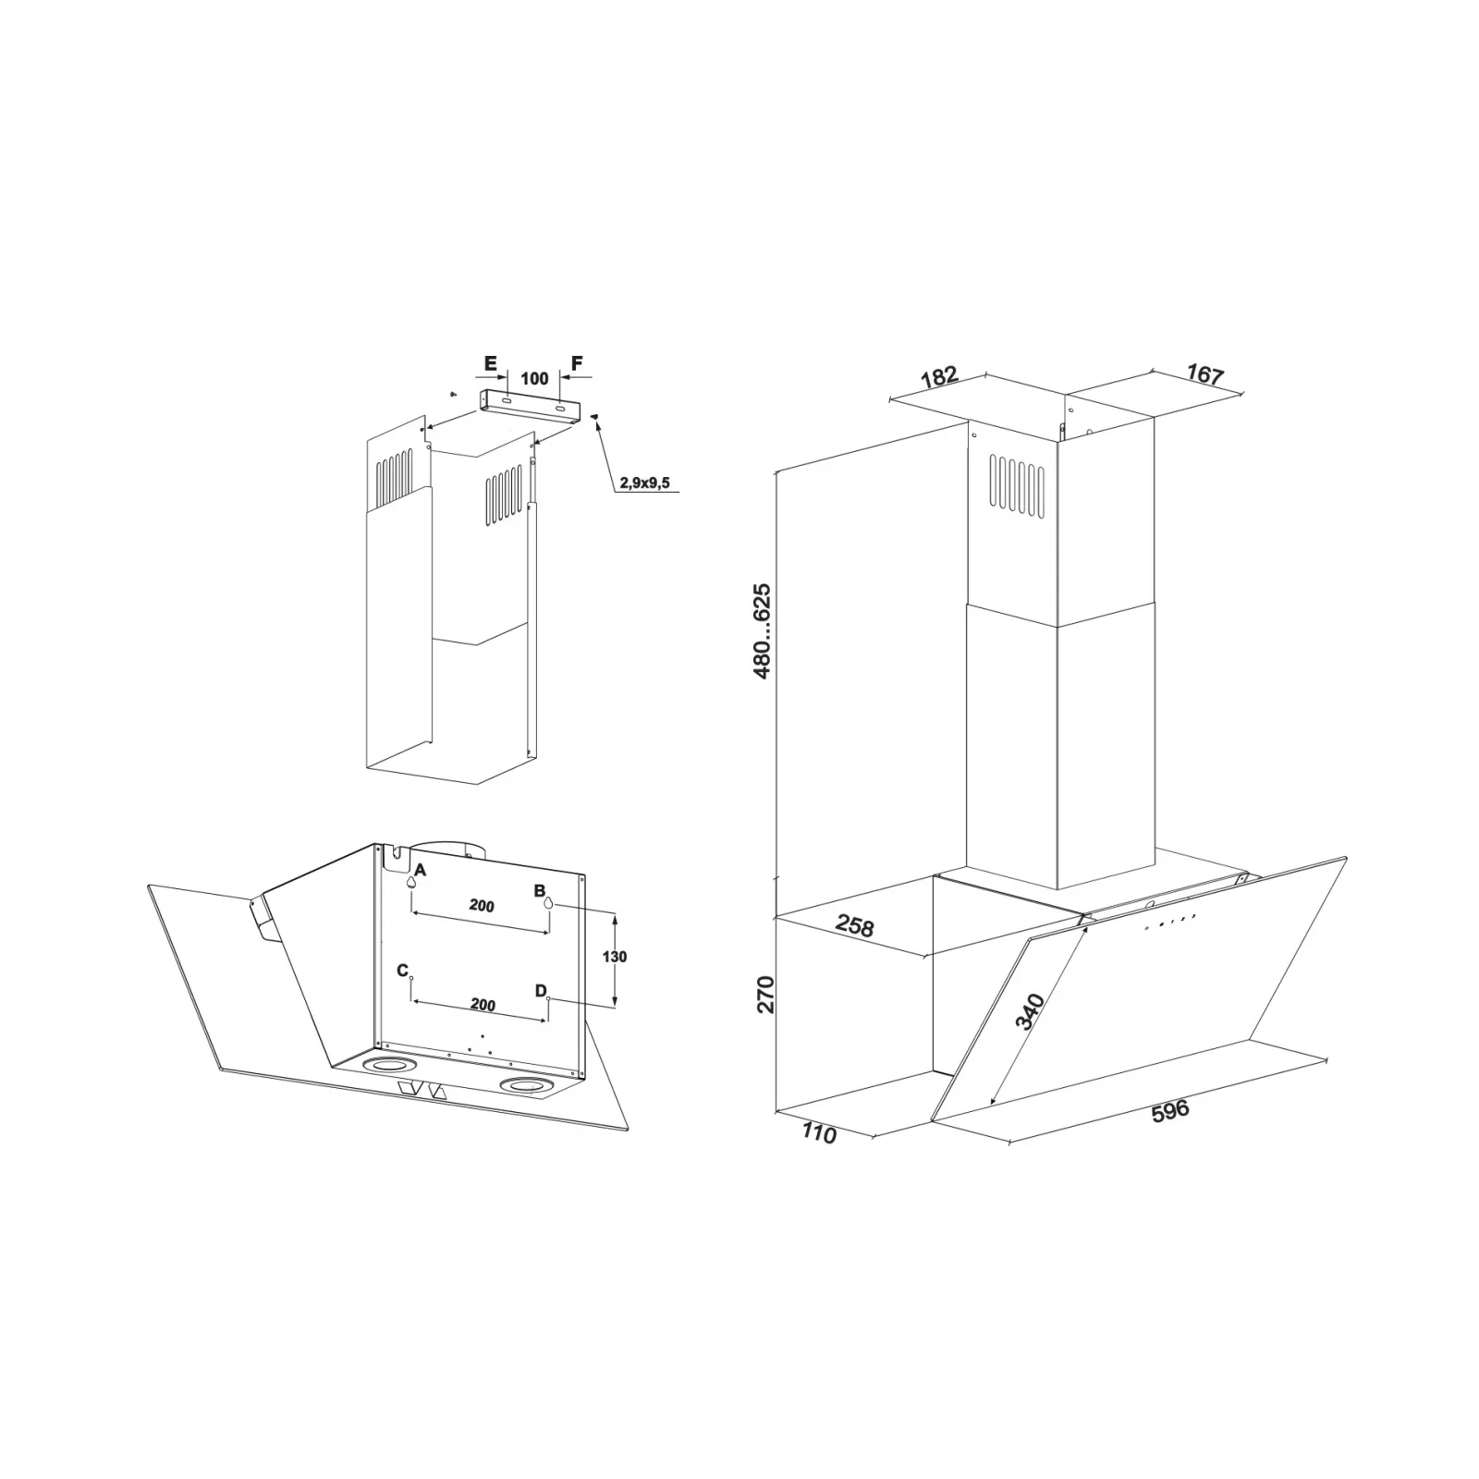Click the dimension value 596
(1169, 1111)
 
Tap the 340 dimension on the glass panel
(1029, 1011)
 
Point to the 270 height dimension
(765, 994)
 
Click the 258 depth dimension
(854, 925)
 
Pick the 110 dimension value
(819, 1132)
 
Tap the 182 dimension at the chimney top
(939, 378)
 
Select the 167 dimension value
(1204, 375)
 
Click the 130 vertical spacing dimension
(614, 957)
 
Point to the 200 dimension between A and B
(482, 906)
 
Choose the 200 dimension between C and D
(483, 1005)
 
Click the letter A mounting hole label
(421, 870)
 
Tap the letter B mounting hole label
(540, 891)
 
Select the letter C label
(403, 971)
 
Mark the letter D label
(542, 991)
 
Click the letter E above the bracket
(491, 363)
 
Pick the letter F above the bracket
(577, 363)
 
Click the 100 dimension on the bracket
(534, 378)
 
